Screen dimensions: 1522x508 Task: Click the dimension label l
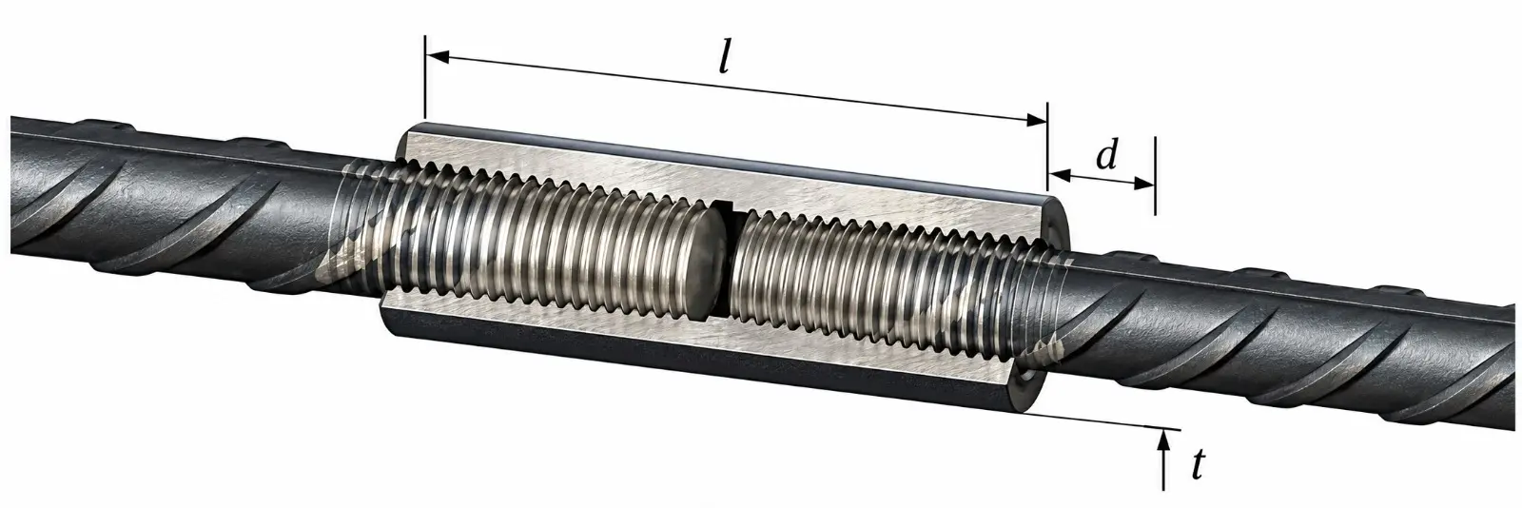click(726, 61)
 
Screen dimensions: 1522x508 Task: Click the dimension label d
click(1107, 156)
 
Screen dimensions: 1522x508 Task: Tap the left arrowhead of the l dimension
click(437, 57)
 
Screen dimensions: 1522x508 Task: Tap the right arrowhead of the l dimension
click(1035, 120)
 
